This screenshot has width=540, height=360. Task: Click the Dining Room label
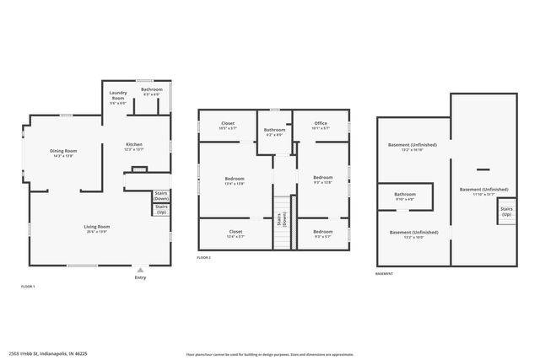64,152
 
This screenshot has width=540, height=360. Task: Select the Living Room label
97,228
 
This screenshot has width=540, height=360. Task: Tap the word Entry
140,277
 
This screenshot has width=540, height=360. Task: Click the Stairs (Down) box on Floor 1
161,196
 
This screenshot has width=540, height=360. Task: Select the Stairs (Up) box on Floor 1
161,209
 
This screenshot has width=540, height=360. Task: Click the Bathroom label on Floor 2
275,131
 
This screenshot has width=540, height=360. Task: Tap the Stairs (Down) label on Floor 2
284,219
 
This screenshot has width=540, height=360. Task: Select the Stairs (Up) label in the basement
506,212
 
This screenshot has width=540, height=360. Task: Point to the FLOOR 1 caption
28,287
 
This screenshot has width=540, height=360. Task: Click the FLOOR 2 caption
204,257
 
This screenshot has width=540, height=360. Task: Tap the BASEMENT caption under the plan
384,273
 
